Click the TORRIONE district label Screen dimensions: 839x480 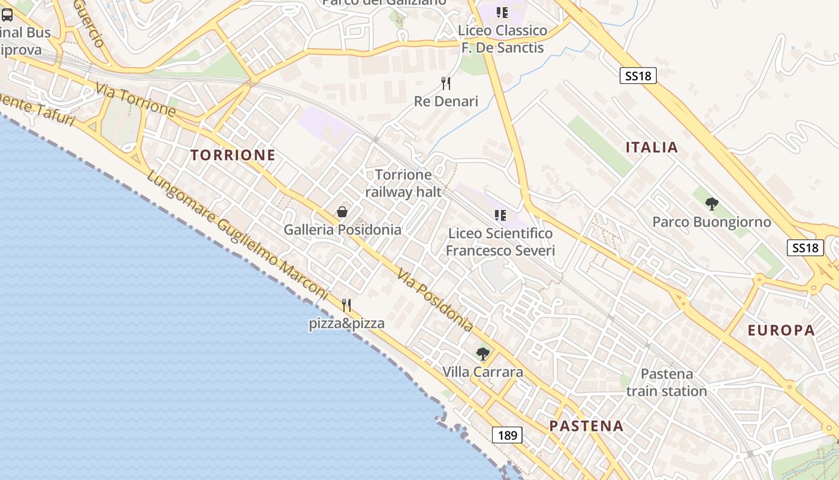pos(233,155)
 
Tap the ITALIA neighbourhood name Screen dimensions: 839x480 pos(651,147)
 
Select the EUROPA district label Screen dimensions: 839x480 pos(781,330)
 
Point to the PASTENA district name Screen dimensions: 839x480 pos(586,426)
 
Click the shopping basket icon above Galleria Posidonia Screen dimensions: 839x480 pos(342,212)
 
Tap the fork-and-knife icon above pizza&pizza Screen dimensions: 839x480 pos(346,305)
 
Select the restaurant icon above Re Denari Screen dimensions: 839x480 pos(445,83)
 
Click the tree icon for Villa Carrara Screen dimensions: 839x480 pos(482,354)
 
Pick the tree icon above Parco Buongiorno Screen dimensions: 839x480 pos(711,204)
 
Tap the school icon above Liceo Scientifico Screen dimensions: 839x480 pos(500,215)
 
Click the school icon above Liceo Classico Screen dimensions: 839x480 pos(502,12)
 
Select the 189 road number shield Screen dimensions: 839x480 pos(507,435)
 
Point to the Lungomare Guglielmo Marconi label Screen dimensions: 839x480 pos(237,236)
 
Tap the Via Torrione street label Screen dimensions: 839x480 pos(135,100)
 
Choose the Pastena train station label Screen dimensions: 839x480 pos(666,382)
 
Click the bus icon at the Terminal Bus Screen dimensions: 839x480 pos(7,15)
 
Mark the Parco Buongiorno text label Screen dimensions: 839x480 pos(711,222)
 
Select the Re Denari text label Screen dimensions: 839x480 pos(446,101)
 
